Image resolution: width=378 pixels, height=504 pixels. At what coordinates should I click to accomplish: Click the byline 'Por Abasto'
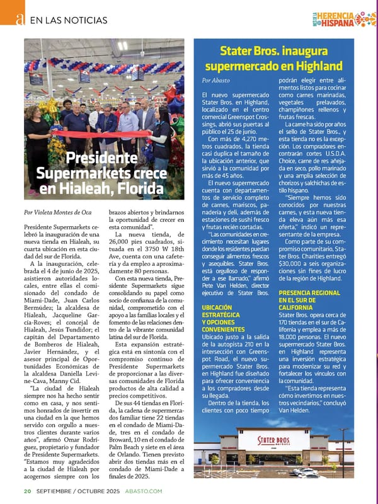(216, 81)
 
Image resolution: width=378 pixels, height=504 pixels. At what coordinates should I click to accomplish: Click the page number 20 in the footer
(28, 491)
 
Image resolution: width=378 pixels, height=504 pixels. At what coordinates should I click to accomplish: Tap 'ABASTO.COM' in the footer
(144, 491)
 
